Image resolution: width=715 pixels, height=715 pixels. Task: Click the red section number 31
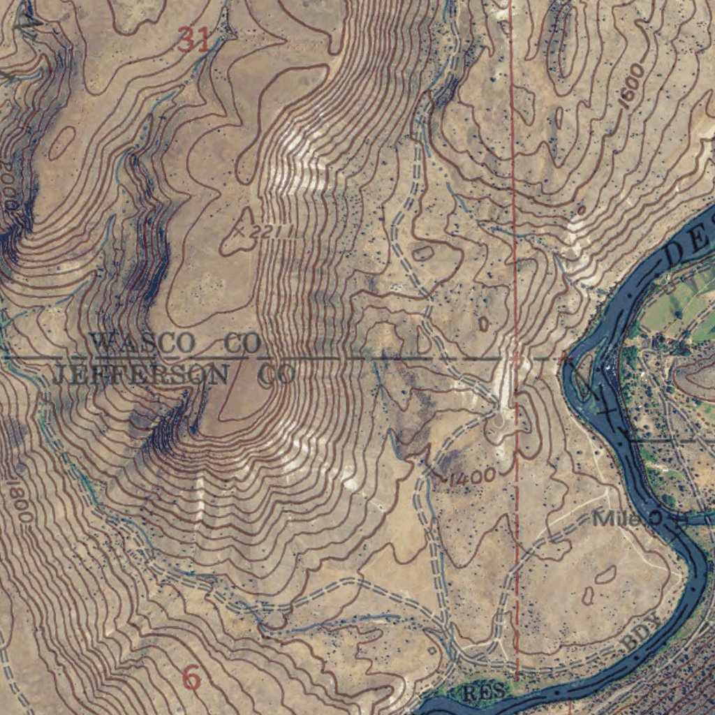click(x=193, y=40)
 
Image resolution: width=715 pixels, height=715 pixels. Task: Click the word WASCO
click(x=143, y=343)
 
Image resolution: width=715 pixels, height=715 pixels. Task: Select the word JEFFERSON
click(x=140, y=375)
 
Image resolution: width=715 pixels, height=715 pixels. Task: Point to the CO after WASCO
click(x=243, y=344)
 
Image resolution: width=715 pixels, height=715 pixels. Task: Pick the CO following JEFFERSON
click(x=277, y=376)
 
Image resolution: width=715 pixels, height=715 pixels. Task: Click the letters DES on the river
click(x=691, y=241)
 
